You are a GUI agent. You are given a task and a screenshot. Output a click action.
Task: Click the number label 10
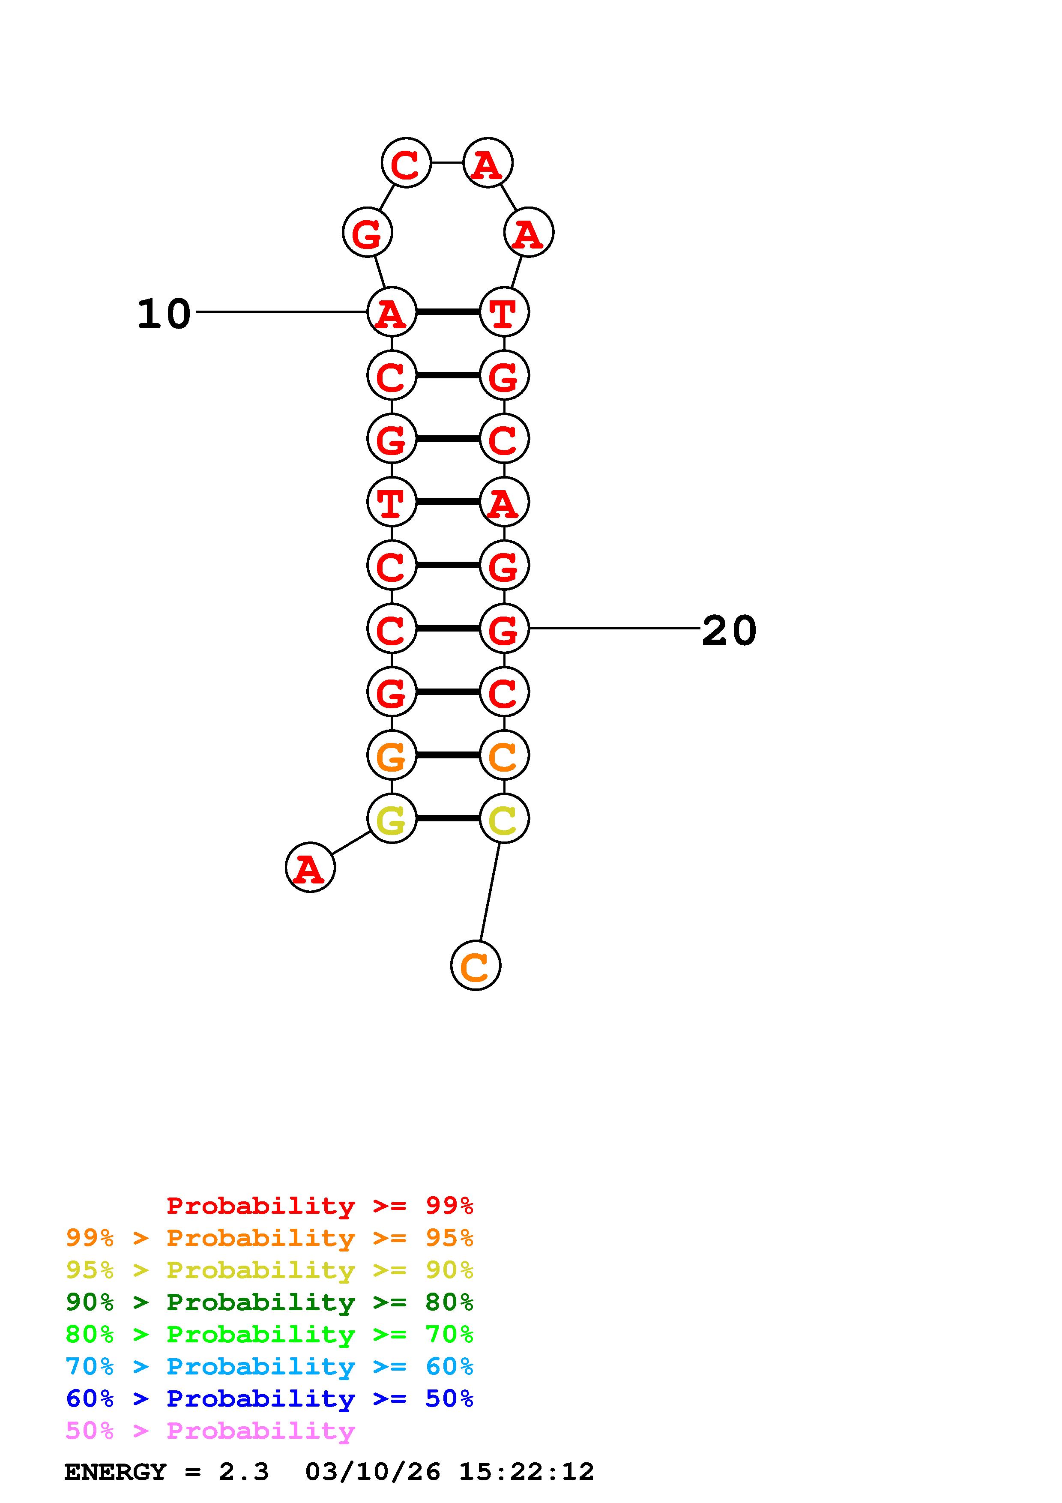pyautogui.click(x=164, y=314)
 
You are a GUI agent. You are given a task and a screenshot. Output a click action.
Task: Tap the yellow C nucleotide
pyautogui.click(x=504, y=819)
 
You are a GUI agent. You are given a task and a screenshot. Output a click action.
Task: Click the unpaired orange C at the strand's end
pyautogui.click(x=476, y=966)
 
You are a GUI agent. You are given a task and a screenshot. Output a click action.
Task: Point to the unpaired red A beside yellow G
pyautogui.click(x=310, y=868)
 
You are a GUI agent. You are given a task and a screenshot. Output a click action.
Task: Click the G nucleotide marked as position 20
pyautogui.click(x=504, y=629)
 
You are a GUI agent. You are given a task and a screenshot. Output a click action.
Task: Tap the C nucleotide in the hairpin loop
pyautogui.click(x=406, y=163)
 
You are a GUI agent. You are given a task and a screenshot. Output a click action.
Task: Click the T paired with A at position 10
pyautogui.click(x=504, y=312)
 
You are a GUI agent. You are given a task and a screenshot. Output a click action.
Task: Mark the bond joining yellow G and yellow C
pyautogui.click(x=448, y=818)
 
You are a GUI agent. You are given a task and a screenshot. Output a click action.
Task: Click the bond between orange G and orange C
pyautogui.click(x=448, y=755)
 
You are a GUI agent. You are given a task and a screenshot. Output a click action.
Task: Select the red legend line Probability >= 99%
pyautogui.click(x=319, y=1206)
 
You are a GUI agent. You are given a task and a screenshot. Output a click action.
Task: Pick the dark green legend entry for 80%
pyautogui.click(x=269, y=1302)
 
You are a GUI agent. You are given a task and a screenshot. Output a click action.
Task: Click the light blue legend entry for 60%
pyautogui.click(x=269, y=1366)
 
